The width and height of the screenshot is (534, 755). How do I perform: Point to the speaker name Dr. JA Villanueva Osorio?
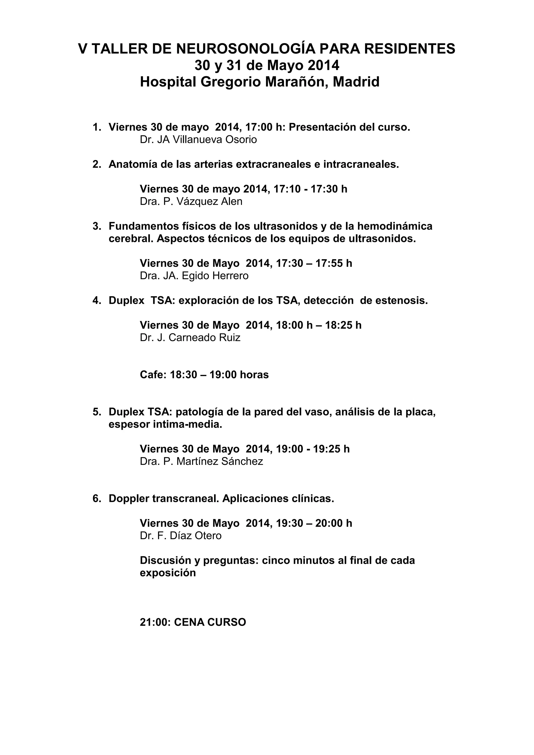pos(198,139)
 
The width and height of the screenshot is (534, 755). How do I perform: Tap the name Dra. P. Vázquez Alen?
pos(191,201)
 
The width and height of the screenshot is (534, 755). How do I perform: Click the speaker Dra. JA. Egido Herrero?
pos(194,276)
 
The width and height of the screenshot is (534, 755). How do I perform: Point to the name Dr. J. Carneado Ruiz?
pos(190,337)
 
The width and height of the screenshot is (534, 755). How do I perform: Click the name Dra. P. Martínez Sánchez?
pos(201,461)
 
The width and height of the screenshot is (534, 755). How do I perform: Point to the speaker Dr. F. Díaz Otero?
pos(180,536)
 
